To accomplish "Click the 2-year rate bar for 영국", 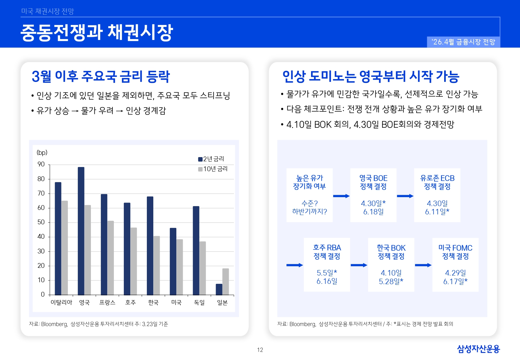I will coord(81,230).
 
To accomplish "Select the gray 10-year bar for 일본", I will coord(226,282).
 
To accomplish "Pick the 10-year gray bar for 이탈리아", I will coord(65,248).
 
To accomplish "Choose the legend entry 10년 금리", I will coord(213,169).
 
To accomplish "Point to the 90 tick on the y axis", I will coord(41,164).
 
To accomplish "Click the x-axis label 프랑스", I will coord(107,302).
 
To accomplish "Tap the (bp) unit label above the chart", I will coord(42,153).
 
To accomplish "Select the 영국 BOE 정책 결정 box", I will coord(373,195).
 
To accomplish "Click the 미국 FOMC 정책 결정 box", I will coord(455,264).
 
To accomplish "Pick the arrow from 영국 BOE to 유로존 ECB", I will coord(405,196).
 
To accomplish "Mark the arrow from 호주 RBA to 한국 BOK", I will coord(359,265).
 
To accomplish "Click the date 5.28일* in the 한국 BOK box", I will coord(391,281).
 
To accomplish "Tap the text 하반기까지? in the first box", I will coord(309,212).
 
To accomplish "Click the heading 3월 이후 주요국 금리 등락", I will coord(100,76).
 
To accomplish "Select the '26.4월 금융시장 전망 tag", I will coord(463,42).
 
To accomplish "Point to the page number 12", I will coord(260,350).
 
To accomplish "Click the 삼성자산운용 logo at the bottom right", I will coord(478,349).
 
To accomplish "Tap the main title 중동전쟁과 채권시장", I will coord(97,32).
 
